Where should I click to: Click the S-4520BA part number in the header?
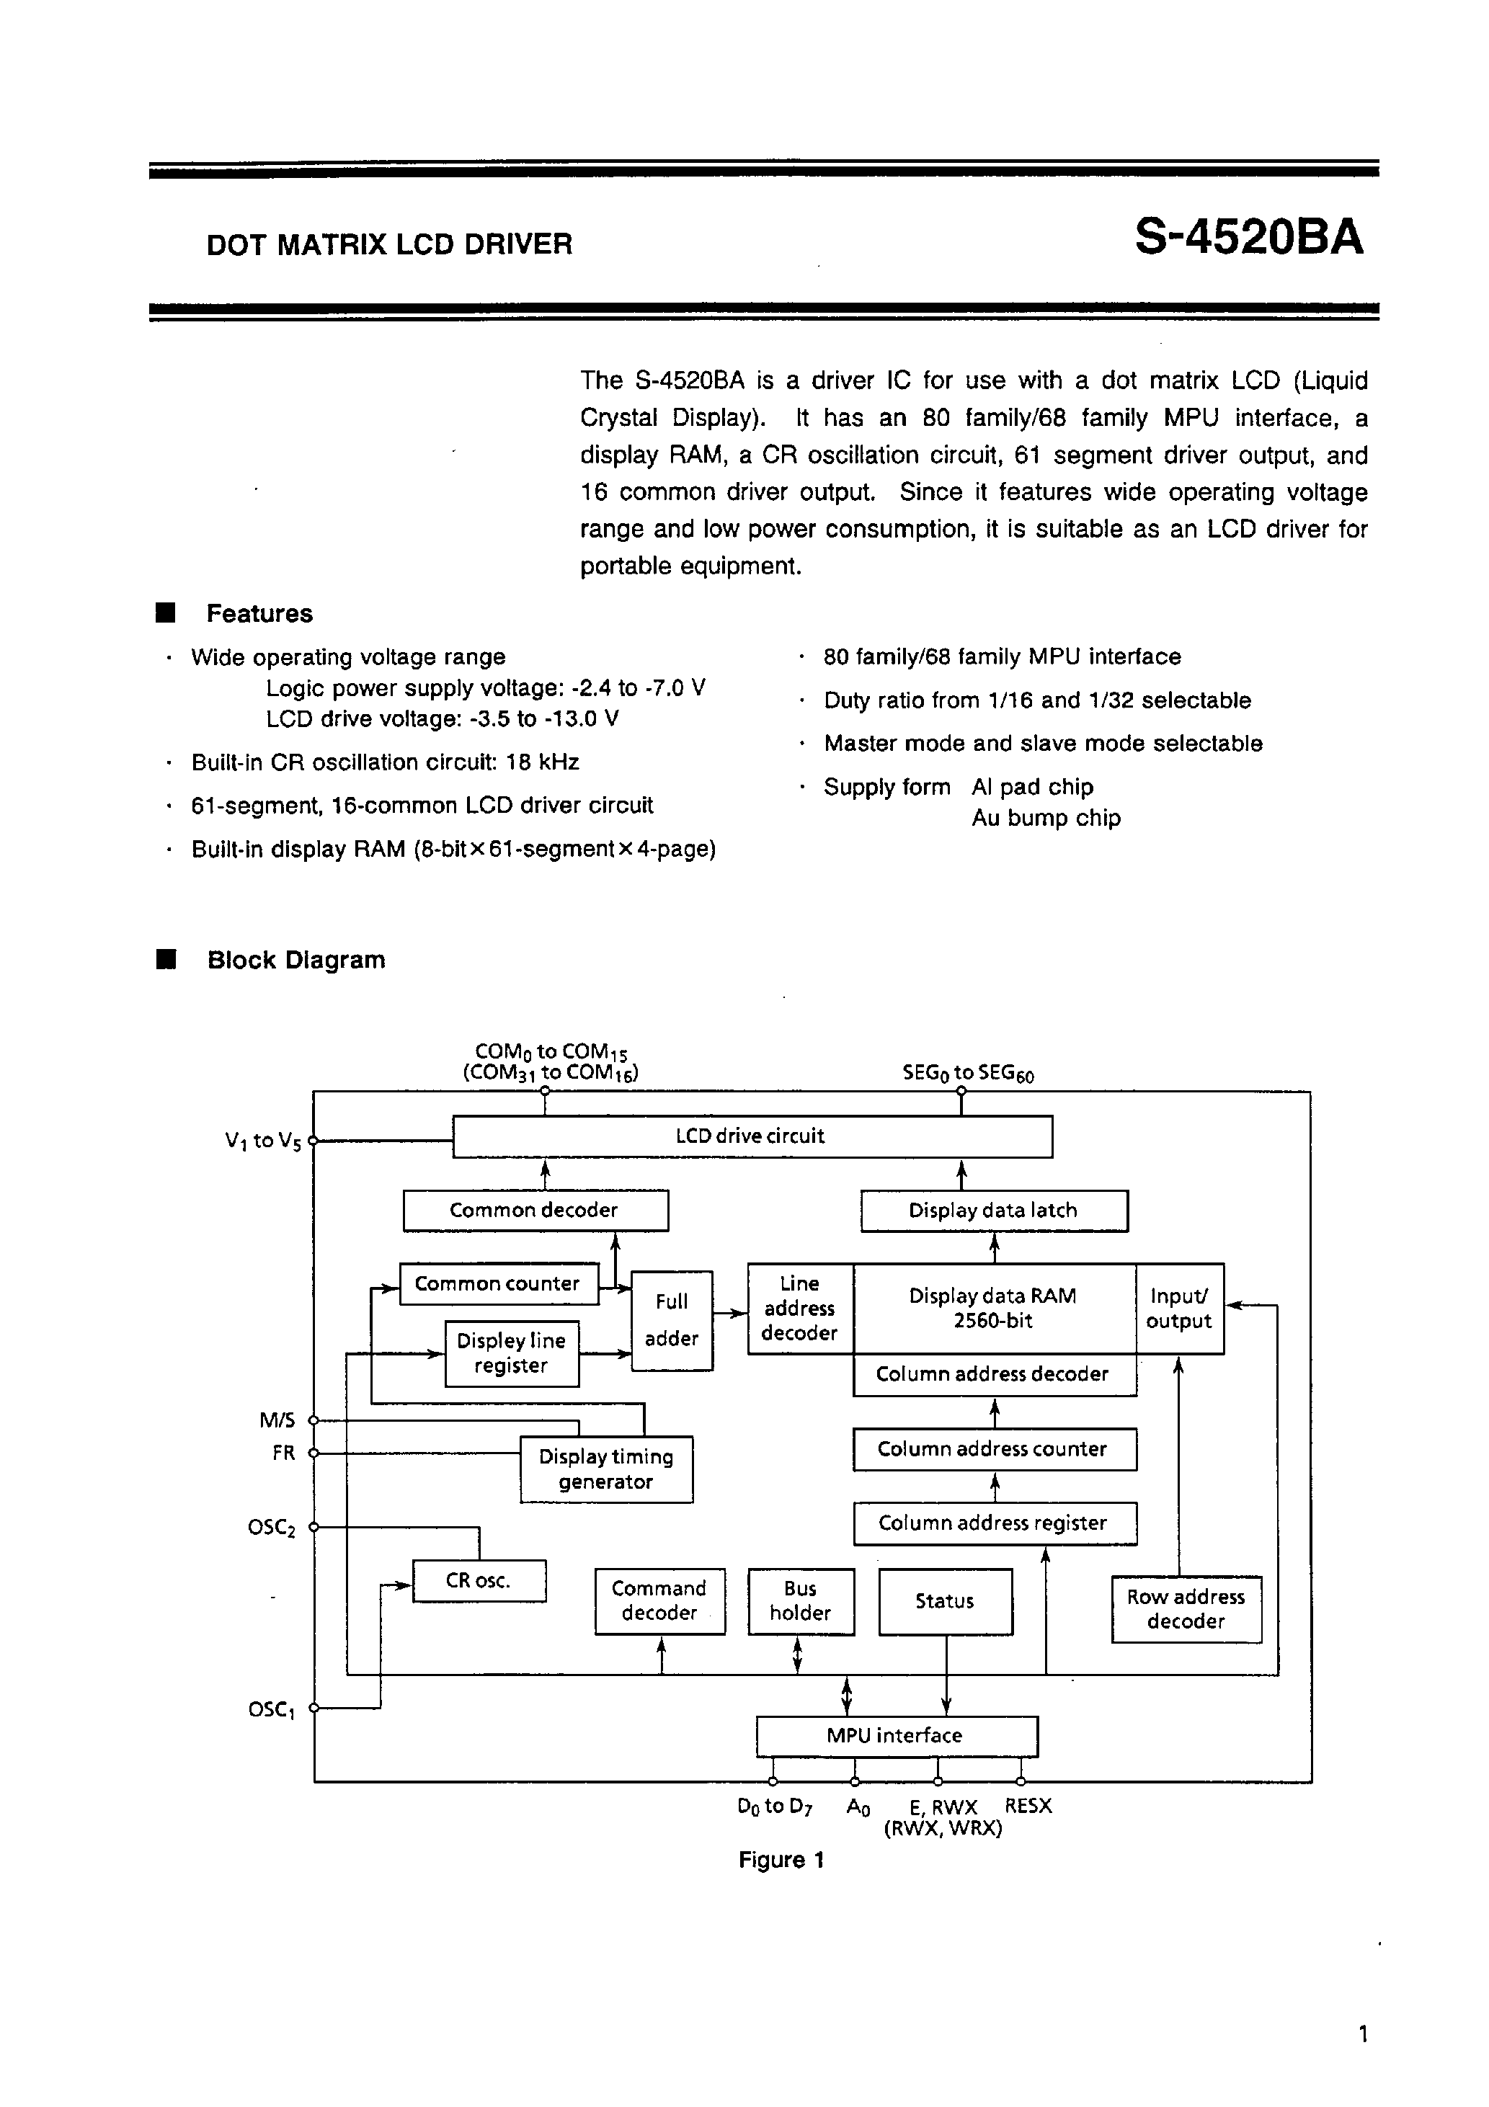(1248, 239)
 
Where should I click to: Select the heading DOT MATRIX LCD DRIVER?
(389, 245)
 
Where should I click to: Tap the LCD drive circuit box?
(752, 1136)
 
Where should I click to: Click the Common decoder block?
(535, 1211)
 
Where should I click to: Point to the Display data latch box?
(993, 1211)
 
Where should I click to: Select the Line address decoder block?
(799, 1309)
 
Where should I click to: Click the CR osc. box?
(479, 1580)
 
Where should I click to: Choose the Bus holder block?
(801, 1601)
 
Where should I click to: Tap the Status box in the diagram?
(945, 1601)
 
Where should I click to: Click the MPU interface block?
(895, 1735)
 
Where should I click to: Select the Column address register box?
(994, 1523)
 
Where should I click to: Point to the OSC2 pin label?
(272, 1528)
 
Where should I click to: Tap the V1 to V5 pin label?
(262, 1141)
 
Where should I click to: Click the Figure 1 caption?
(781, 1860)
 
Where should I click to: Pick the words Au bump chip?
(1046, 819)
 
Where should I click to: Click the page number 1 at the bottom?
(1363, 2034)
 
